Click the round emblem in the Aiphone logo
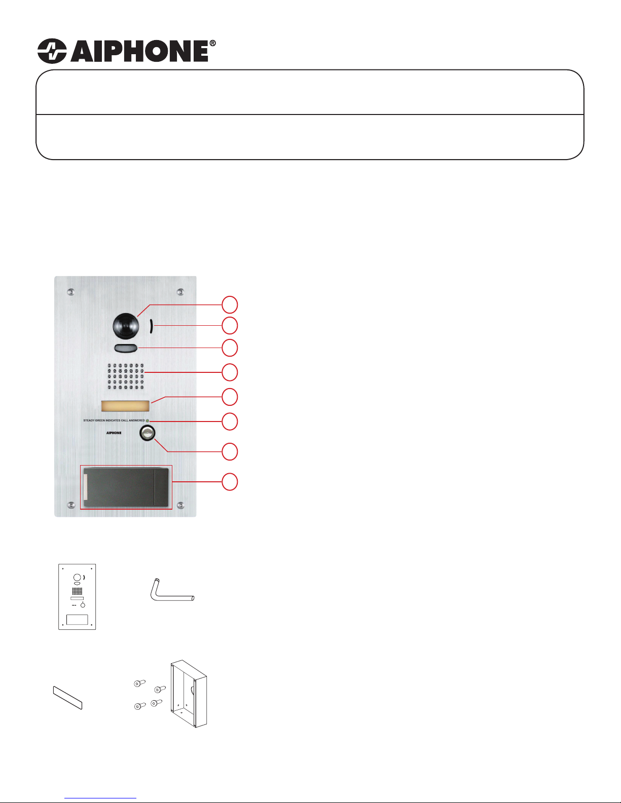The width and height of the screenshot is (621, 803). (52, 51)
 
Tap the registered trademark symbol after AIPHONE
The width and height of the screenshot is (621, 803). (212, 43)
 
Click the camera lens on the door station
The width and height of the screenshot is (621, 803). (126, 326)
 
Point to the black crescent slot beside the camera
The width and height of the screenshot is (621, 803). (152, 326)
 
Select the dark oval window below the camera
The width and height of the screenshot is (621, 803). (126, 348)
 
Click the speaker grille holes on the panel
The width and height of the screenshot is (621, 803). (126, 376)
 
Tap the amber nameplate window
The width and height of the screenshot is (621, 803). (126, 406)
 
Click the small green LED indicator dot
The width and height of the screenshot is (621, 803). (148, 420)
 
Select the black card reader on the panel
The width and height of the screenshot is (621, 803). (126, 487)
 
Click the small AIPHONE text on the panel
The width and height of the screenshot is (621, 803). (114, 433)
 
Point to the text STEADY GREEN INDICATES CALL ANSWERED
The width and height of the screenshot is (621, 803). (114, 420)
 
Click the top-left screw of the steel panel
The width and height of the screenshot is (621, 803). (70, 292)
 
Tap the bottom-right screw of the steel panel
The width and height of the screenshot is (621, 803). (180, 505)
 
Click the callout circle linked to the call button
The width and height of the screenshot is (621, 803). (230, 451)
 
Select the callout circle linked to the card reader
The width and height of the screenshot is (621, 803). (230, 482)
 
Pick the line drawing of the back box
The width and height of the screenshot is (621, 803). (189, 694)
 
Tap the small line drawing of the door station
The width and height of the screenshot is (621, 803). (77, 596)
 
